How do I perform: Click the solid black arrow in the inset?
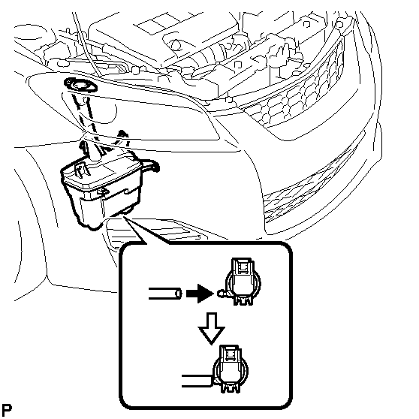(x=200, y=294)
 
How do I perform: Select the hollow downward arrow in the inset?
(x=211, y=328)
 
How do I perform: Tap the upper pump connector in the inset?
(x=243, y=281)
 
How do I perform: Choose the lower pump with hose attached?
(x=231, y=369)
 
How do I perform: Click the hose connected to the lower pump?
(x=197, y=381)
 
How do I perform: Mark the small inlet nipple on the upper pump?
(x=222, y=294)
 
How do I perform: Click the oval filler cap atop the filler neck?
(x=80, y=85)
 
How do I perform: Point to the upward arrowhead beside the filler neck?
(x=122, y=134)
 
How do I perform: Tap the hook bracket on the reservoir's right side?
(x=151, y=164)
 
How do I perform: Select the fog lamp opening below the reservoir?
(x=155, y=233)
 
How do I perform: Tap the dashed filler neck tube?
(x=87, y=120)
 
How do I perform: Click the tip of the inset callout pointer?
(x=124, y=217)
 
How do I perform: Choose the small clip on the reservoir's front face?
(x=103, y=190)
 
